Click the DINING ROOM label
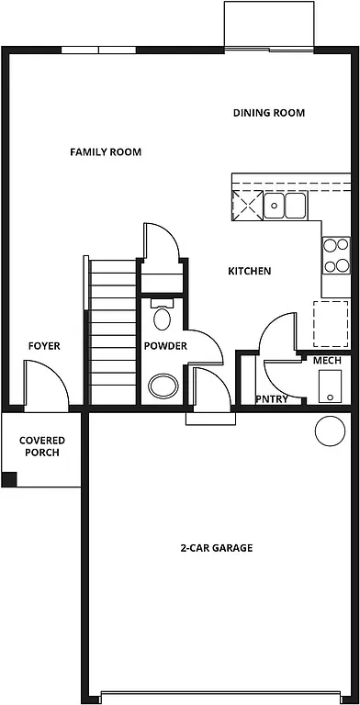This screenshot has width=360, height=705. (x=268, y=113)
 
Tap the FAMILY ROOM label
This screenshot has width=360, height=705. (x=106, y=151)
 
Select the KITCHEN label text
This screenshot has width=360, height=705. (x=249, y=271)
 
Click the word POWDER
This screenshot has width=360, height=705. (x=165, y=346)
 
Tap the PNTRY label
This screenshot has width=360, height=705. (x=272, y=399)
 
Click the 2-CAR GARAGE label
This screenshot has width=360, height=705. (x=216, y=548)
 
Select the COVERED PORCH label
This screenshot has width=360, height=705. (x=42, y=446)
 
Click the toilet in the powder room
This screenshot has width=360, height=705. (x=163, y=317)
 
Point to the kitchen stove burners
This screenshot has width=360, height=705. (x=336, y=255)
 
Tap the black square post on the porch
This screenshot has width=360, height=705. (x=8, y=478)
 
